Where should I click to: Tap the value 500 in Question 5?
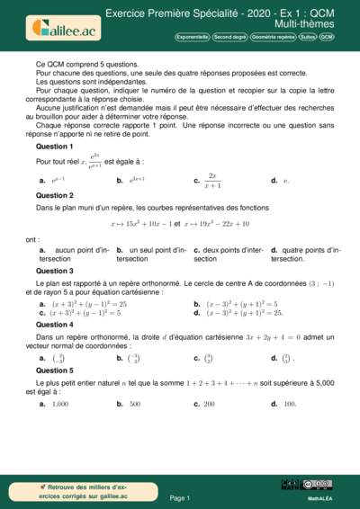pos(134,404)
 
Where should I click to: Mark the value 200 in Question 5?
pos(209,404)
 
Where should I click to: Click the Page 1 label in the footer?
pos(180,497)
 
